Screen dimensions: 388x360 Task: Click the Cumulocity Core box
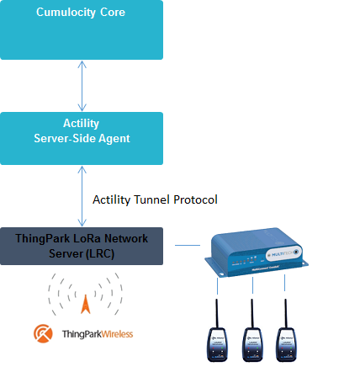pos(82,29)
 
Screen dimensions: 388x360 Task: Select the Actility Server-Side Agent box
pos(82,137)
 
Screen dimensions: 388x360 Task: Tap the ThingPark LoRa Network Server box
pos(82,246)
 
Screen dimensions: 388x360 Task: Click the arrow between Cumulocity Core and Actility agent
pos(82,85)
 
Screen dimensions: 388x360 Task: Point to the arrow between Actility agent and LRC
pos(82,195)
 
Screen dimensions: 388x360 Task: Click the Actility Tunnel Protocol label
pos(155,199)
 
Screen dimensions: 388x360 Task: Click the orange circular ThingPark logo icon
pos(43,334)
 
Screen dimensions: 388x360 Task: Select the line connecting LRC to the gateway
pos(188,246)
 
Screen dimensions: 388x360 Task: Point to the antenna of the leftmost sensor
pos(217,307)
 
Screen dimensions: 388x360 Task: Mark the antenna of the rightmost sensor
pos(285,307)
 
